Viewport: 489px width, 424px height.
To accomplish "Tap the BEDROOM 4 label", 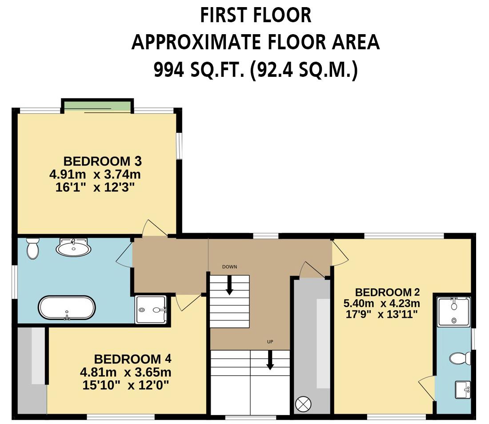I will (132, 359).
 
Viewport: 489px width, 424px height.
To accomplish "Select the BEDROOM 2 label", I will (387, 292).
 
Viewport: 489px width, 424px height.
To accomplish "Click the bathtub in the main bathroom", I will (67, 308).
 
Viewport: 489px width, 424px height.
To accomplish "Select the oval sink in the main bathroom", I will (73, 247).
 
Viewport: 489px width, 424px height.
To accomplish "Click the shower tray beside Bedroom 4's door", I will (151, 309).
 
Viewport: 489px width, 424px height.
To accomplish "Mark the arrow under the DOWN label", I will (229, 285).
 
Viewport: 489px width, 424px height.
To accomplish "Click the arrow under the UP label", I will (270, 360).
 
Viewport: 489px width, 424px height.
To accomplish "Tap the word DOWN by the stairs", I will (229, 267).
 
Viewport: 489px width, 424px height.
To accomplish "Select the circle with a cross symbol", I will (306, 404).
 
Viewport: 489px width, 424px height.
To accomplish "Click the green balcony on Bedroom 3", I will (97, 106).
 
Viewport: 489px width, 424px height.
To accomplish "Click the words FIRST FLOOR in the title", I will (255, 16).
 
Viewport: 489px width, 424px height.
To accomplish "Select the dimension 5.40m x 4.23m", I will (381, 304).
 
